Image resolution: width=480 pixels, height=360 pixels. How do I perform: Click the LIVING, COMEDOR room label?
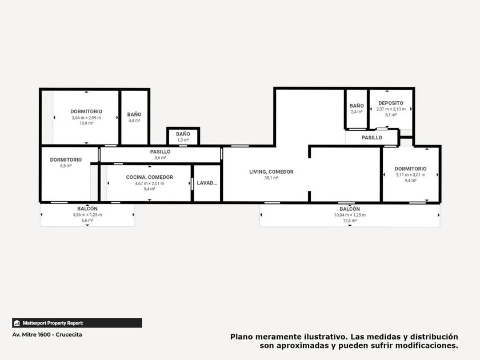click(271, 172)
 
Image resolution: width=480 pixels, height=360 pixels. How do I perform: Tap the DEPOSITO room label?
click(391, 103)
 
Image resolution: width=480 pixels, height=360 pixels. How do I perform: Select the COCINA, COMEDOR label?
click(149, 177)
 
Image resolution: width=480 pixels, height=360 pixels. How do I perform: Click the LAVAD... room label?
click(207, 183)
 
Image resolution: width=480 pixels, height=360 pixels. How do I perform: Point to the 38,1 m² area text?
click(271, 178)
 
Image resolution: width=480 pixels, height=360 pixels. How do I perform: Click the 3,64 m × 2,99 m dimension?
click(86, 118)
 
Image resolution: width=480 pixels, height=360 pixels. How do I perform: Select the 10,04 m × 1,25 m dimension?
click(350, 215)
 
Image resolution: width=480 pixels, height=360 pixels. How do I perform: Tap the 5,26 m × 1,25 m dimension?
click(87, 215)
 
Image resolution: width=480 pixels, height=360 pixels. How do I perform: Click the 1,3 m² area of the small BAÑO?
click(183, 140)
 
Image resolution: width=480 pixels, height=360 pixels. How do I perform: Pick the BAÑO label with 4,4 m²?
click(134, 114)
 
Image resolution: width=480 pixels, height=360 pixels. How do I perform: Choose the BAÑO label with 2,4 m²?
click(357, 106)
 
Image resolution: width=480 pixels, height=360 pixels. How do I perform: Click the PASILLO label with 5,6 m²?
click(160, 152)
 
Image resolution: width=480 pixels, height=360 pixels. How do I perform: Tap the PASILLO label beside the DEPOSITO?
click(371, 138)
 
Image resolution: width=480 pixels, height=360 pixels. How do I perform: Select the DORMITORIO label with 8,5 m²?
click(66, 160)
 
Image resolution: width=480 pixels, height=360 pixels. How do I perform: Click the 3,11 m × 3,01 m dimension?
click(410, 175)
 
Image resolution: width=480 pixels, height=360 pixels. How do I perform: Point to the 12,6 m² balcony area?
click(350, 221)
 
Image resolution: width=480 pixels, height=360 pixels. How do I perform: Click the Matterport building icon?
click(17, 323)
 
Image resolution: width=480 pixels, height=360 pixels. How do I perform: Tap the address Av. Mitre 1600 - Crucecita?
click(47, 335)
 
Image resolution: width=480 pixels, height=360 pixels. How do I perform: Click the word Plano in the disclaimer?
click(242, 337)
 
